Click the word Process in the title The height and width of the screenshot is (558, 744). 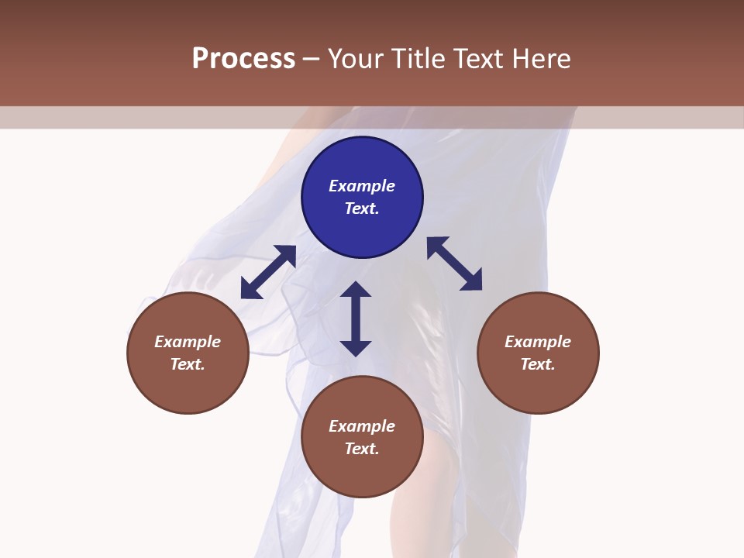tap(243, 59)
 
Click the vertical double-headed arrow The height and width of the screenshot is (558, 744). tap(356, 319)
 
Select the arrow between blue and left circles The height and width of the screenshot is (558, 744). tap(268, 272)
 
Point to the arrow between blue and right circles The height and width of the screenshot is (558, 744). tap(455, 263)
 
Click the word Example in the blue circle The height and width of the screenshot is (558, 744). tap(362, 186)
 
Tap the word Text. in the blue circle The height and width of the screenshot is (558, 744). tap(362, 208)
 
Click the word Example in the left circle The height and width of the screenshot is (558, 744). tap(188, 342)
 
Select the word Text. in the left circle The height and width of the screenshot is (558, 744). tap(188, 364)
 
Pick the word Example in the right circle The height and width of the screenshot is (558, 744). tap(538, 342)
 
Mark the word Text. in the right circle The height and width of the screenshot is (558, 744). tap(538, 364)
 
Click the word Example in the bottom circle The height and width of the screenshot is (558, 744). tap(362, 426)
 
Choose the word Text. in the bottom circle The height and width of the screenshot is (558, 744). tap(362, 449)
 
